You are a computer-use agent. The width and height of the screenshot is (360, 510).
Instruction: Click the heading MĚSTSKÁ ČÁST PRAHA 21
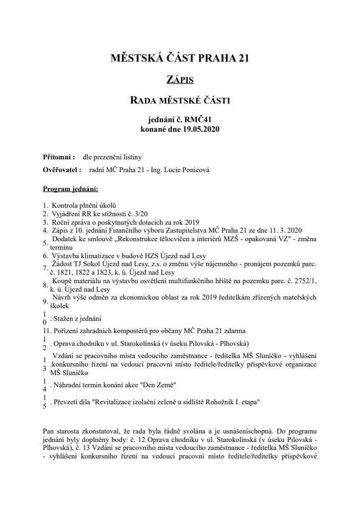(179, 58)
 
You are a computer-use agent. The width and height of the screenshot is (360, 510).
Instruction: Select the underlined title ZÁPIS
(179, 80)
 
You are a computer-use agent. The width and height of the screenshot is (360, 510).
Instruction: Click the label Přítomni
(58, 157)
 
